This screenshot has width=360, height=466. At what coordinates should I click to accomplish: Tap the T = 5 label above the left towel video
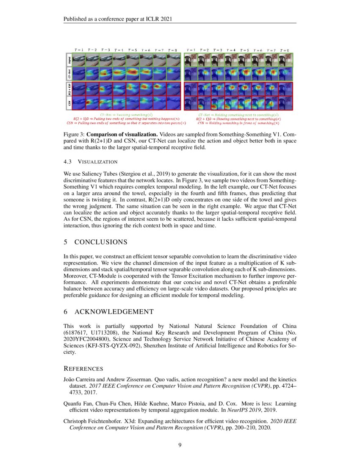point(133,50)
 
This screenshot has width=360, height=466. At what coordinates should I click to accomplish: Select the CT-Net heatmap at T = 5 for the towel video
point(133,74)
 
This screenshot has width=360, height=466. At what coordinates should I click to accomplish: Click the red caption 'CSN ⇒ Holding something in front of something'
point(238,123)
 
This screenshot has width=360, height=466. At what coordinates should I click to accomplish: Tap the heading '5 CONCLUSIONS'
point(95,242)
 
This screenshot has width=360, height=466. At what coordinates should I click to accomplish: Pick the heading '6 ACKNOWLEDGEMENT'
point(108,312)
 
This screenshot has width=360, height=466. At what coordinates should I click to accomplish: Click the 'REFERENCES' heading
point(83,369)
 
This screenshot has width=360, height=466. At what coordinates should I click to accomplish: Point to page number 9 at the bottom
point(180,444)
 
